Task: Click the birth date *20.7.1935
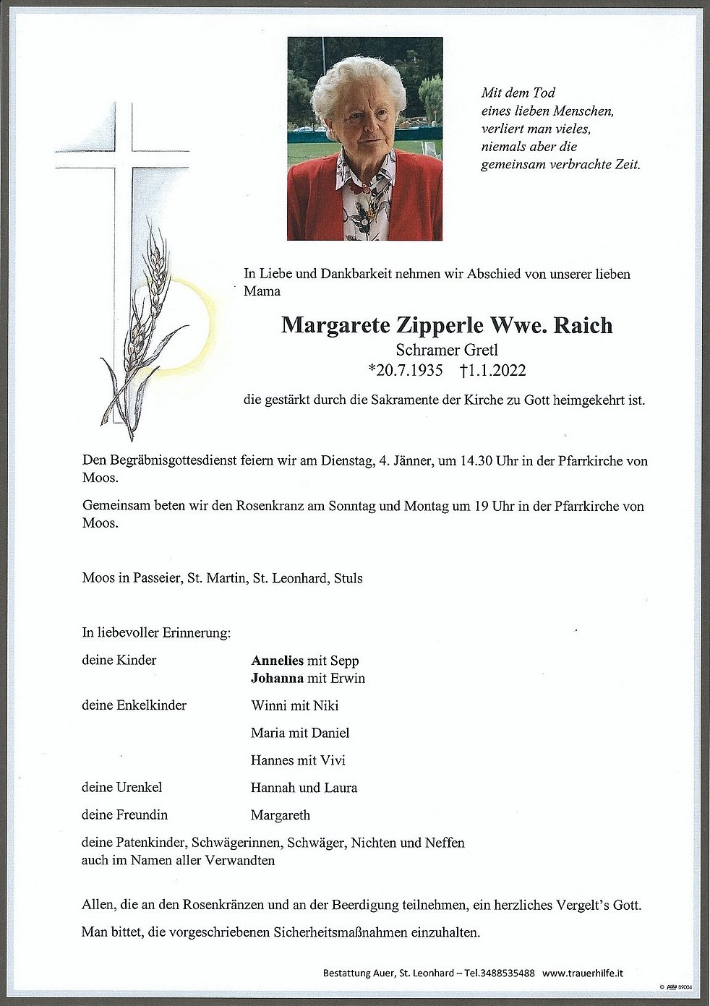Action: pyautogui.click(x=405, y=371)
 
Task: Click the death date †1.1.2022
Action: pyautogui.click(x=492, y=371)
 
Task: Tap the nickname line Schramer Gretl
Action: pyautogui.click(x=447, y=351)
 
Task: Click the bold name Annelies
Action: pyautogui.click(x=277, y=661)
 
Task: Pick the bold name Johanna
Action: pyautogui.click(x=277, y=679)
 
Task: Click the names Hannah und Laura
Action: pyautogui.click(x=304, y=788)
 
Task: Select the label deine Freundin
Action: pyautogui.click(x=124, y=815)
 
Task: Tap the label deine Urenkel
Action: pyautogui.click(x=121, y=788)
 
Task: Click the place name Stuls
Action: pyautogui.click(x=348, y=578)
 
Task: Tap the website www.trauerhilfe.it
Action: pyautogui.click(x=583, y=973)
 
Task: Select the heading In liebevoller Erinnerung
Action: pyautogui.click(x=156, y=633)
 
